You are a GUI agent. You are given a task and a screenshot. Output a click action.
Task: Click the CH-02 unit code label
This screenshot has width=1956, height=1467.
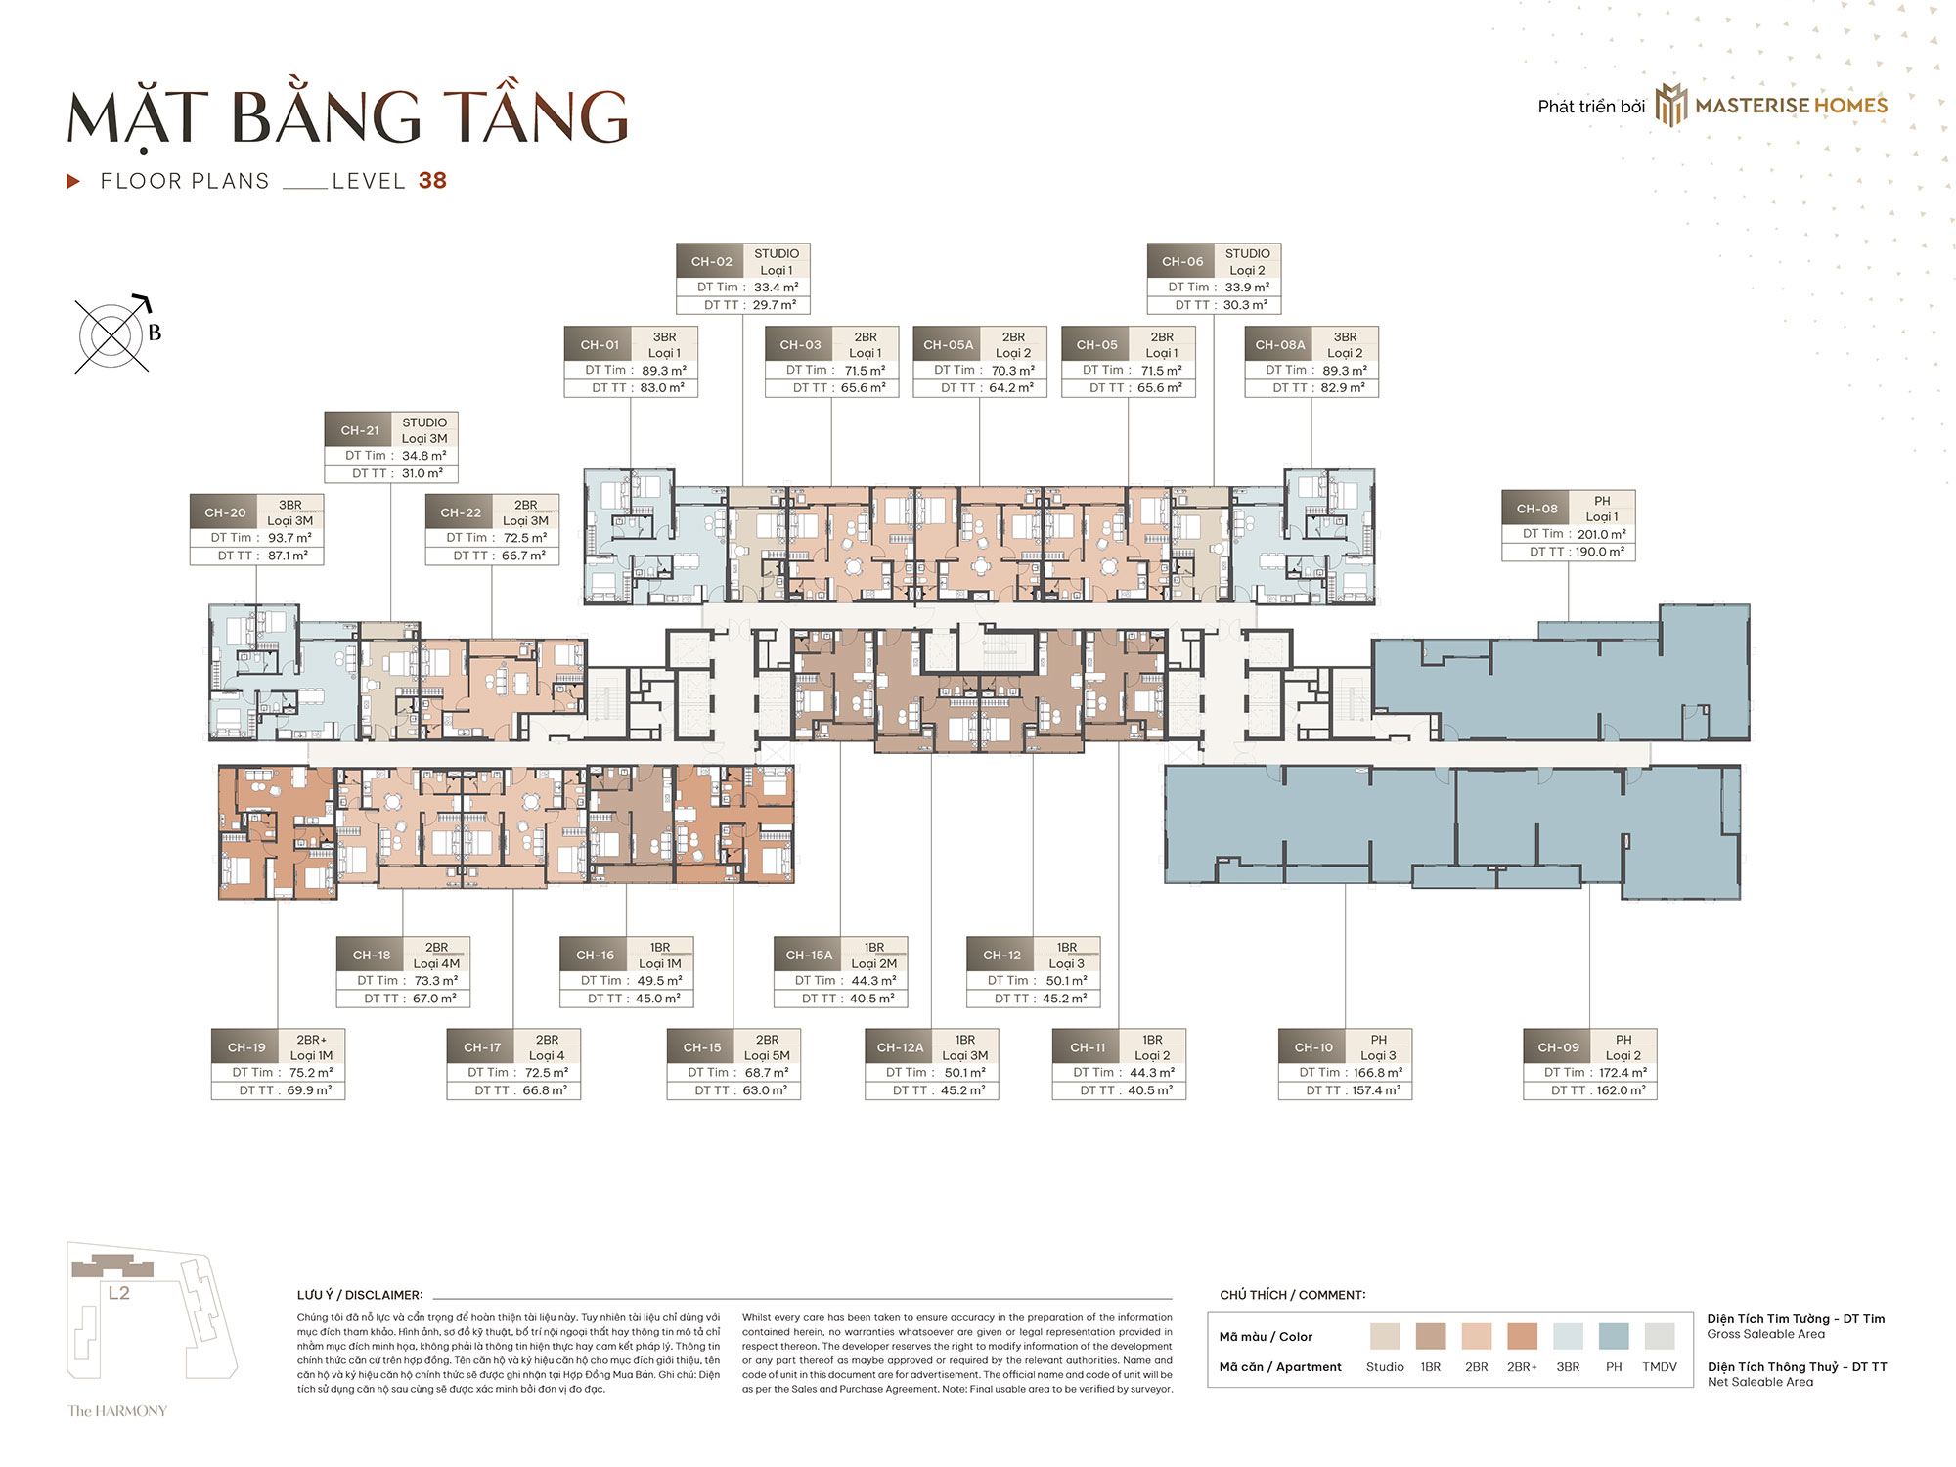click(711, 262)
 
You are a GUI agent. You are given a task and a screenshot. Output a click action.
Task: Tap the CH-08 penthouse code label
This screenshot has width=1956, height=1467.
click(1536, 509)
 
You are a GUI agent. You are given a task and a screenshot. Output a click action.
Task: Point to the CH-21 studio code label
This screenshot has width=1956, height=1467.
click(359, 430)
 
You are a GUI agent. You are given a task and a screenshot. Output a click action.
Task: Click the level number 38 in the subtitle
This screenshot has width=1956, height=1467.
click(432, 181)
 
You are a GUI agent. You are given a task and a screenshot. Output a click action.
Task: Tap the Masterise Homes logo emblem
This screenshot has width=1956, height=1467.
click(1671, 106)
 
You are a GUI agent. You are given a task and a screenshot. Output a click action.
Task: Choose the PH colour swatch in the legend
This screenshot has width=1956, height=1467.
click(1614, 1336)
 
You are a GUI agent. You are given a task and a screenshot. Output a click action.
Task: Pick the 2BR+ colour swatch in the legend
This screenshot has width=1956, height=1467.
click(1522, 1336)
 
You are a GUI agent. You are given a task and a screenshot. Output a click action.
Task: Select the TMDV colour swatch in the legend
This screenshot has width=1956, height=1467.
click(1660, 1336)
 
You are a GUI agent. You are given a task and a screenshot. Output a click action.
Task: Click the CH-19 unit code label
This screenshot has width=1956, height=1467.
click(246, 1047)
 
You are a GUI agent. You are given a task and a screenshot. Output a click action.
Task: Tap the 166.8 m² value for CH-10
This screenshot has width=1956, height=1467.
click(1378, 1073)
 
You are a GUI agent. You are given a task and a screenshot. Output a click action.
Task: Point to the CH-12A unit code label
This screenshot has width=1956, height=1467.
click(900, 1047)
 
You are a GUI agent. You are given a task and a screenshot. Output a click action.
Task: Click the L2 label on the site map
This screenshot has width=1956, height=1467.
click(118, 1293)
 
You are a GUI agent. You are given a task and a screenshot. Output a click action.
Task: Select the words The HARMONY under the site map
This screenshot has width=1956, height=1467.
click(117, 1410)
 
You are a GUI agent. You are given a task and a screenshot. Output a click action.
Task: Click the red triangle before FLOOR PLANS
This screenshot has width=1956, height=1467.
click(72, 181)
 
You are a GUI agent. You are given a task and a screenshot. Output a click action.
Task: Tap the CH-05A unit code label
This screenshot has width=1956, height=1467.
click(948, 345)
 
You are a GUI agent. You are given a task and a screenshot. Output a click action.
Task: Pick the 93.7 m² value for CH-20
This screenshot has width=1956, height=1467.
click(289, 538)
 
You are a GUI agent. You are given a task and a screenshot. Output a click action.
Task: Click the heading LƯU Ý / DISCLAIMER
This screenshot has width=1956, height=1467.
click(360, 1295)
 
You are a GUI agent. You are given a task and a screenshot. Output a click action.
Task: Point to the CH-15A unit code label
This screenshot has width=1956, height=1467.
click(809, 956)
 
